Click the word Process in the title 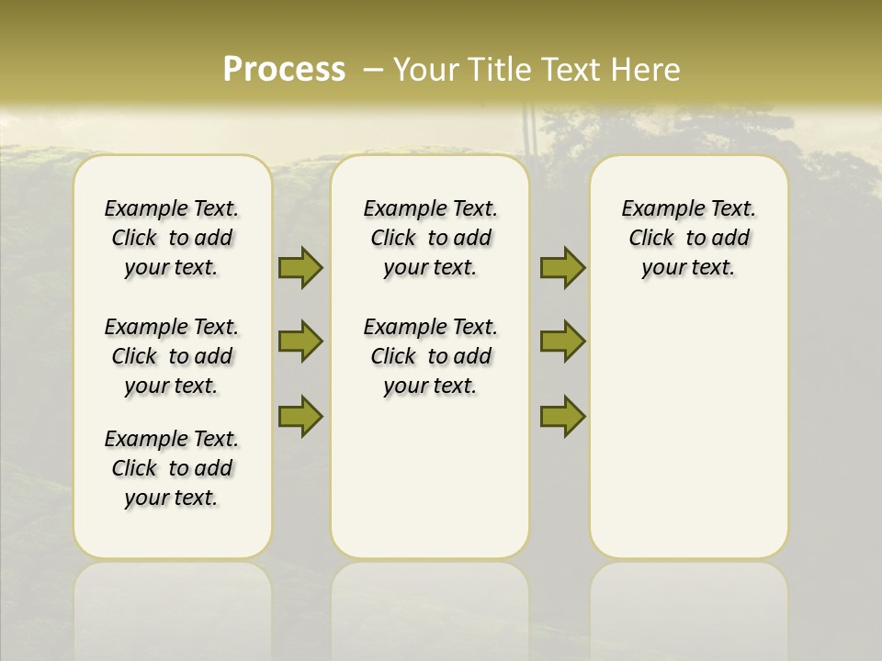point(284,70)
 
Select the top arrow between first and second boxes point(300,268)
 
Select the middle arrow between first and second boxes point(300,342)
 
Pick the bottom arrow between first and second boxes point(300,416)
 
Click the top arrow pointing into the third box point(562,268)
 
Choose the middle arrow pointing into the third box point(562,342)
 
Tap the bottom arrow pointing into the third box point(562,416)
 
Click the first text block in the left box point(172,238)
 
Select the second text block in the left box point(172,356)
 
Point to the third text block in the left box point(172,468)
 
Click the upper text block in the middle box point(430,238)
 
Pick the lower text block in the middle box point(430,356)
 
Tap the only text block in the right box point(688,238)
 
